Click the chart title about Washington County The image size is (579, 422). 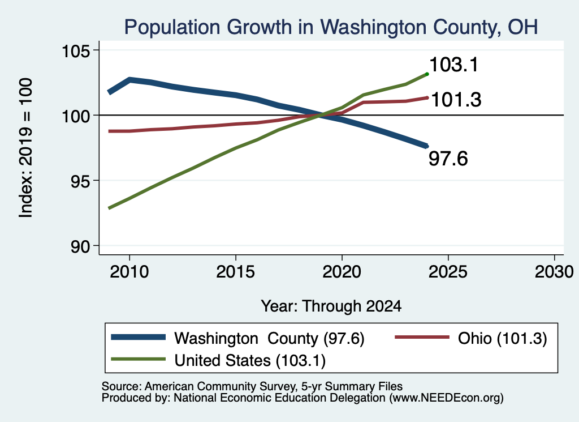pos(331,27)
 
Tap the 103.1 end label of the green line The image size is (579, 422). pos(454,65)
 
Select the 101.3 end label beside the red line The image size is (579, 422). pos(456,100)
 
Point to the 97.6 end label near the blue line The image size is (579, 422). pos(448,159)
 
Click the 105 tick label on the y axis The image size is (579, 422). pos(76,50)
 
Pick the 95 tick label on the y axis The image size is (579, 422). pos(80,181)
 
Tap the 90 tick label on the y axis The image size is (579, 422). pos(80,246)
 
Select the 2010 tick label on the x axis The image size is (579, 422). pos(129,272)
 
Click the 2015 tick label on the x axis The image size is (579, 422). pos(236,272)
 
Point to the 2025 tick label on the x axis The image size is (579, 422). pos(448,272)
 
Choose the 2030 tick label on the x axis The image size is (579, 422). pos(554,272)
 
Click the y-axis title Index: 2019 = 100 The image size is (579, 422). pos(26,148)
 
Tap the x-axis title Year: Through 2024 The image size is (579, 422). pos(331,306)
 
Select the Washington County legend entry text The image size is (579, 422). pos(270,338)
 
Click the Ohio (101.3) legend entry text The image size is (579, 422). pos(502,338)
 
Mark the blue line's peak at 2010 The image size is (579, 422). pos(129,79)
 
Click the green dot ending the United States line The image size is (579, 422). pos(427,74)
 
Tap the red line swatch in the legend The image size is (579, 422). pos(422,337)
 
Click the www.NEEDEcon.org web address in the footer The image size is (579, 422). pos(446,398)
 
